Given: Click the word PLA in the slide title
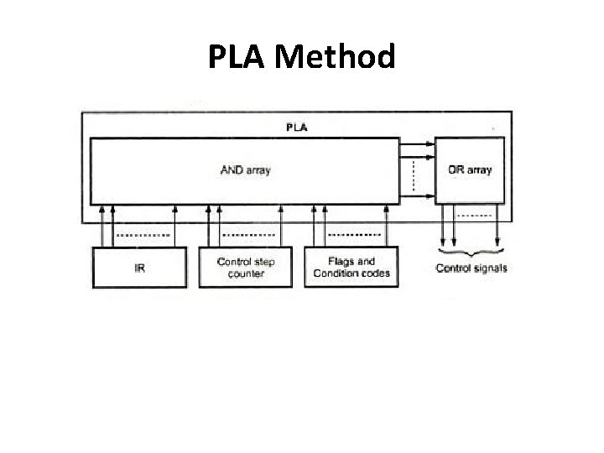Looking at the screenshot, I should (x=238, y=58).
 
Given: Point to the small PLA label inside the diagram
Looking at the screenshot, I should (x=296, y=128).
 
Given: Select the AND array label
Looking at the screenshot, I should (x=245, y=170).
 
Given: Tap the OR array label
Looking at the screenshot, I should (x=470, y=170).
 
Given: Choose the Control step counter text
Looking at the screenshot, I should (x=246, y=267).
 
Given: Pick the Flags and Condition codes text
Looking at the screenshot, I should (x=351, y=267).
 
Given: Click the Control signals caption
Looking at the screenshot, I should (x=471, y=268).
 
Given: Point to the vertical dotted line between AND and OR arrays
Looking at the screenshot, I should (x=414, y=176).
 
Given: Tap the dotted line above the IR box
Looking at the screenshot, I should (x=139, y=234).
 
